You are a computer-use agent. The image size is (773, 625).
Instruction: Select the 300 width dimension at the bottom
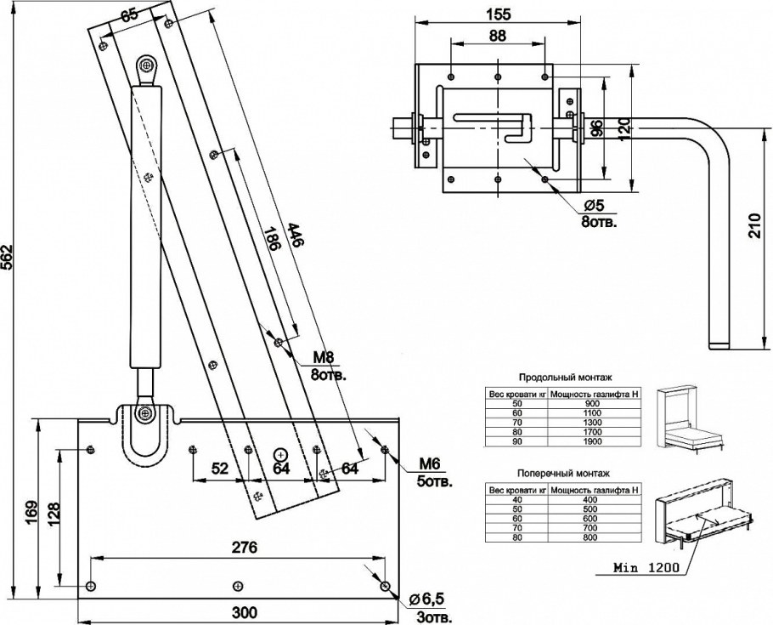click(x=245, y=612)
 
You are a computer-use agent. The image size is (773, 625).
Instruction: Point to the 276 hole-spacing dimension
click(x=245, y=548)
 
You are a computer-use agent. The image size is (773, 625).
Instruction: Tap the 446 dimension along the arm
click(x=296, y=235)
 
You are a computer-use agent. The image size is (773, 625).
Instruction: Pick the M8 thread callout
click(x=324, y=357)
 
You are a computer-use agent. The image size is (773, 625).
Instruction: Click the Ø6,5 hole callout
click(x=427, y=599)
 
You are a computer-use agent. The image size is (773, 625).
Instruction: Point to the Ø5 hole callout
click(x=594, y=205)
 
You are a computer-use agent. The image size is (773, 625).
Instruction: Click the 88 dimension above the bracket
click(x=498, y=36)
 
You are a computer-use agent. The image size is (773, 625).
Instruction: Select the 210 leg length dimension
click(x=754, y=225)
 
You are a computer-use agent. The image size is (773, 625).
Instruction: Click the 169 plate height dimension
click(x=31, y=514)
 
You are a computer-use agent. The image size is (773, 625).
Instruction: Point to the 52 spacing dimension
click(x=220, y=468)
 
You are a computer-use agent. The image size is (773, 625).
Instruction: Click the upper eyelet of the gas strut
click(x=146, y=65)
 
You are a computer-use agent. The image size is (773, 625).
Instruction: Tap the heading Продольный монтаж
click(x=565, y=378)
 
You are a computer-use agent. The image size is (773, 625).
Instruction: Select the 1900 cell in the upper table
click(x=591, y=441)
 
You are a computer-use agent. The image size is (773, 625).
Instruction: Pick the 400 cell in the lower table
click(x=590, y=500)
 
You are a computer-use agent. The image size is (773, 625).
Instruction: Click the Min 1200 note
click(x=646, y=567)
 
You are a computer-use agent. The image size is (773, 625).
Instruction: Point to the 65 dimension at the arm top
click(x=129, y=14)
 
